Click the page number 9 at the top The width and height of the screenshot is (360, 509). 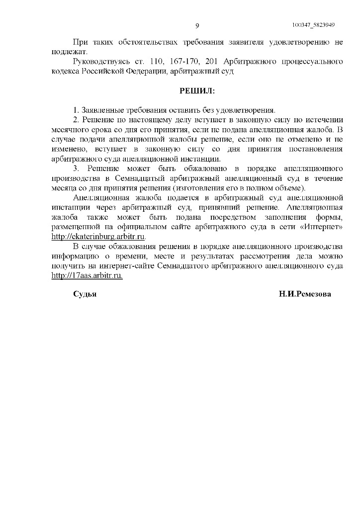[x=197, y=26]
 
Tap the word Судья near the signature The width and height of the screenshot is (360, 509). [x=85, y=294]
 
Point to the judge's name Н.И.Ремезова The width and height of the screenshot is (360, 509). [x=305, y=294]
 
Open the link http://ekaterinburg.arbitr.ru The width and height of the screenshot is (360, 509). [x=98, y=237]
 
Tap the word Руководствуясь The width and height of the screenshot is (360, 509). [x=101, y=62]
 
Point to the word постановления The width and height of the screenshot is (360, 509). [x=317, y=149]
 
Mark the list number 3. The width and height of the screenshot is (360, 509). [x=76, y=169]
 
